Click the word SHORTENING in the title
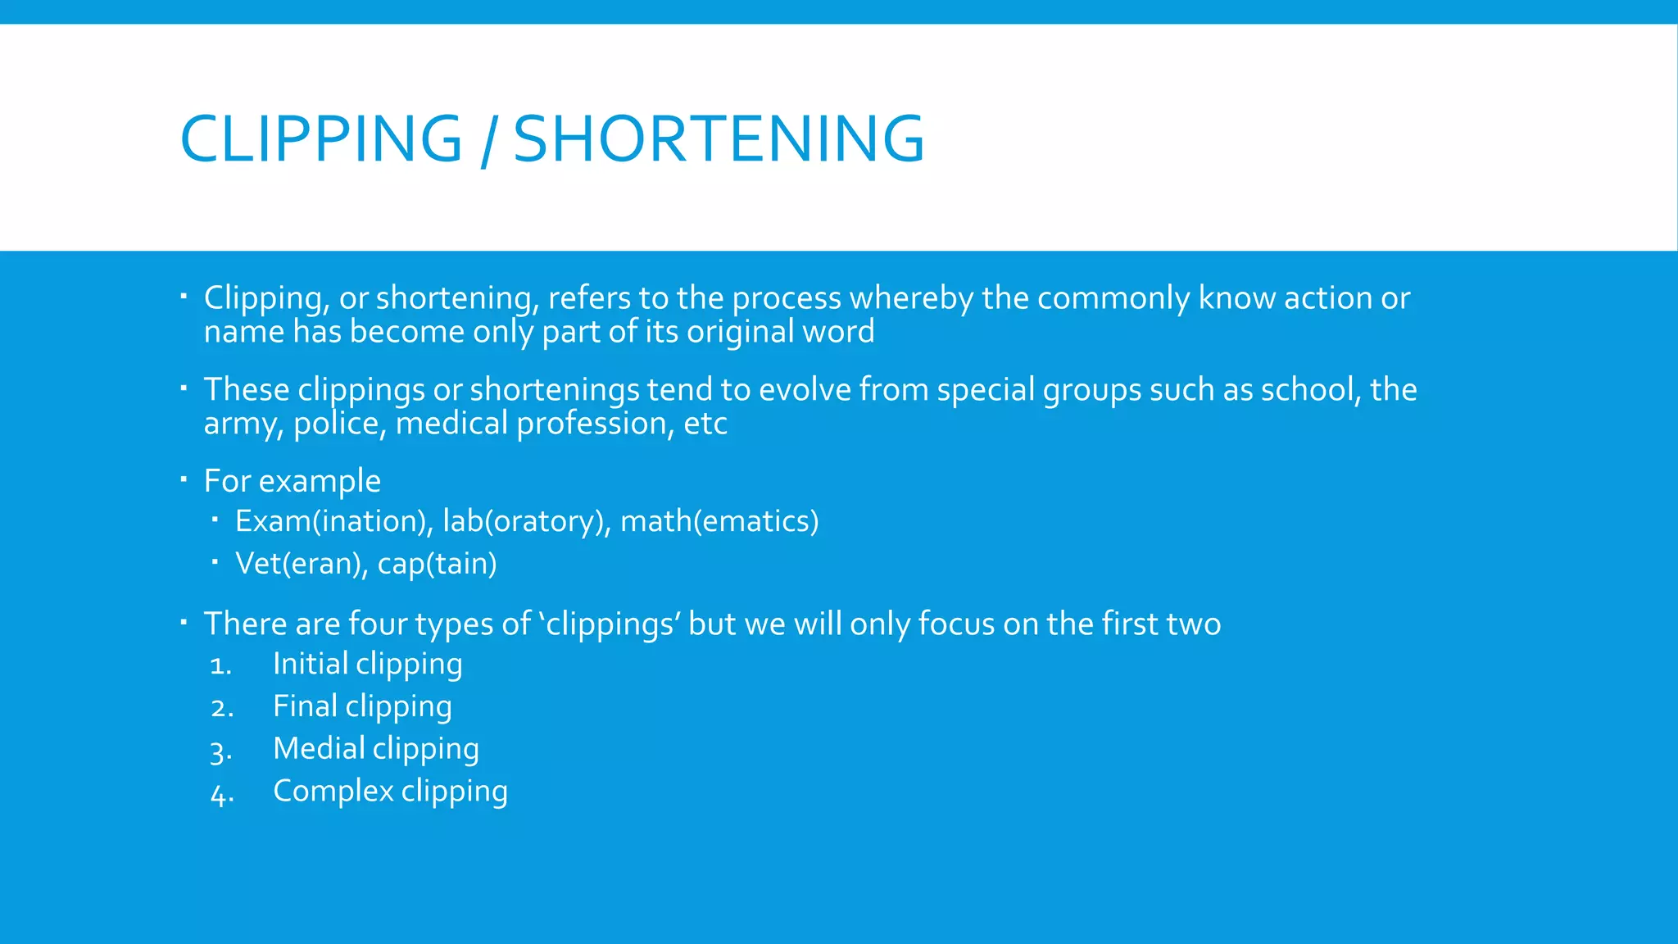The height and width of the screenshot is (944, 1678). pyautogui.click(x=719, y=138)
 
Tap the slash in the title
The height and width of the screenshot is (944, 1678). pyautogui.click(x=488, y=141)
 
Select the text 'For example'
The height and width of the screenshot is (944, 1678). pyautogui.click(x=292, y=481)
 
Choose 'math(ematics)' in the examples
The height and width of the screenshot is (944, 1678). pyautogui.click(x=719, y=521)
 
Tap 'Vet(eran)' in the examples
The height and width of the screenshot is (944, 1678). pyautogui.click(x=301, y=564)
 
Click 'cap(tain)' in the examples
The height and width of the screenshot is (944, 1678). pyautogui.click(x=437, y=564)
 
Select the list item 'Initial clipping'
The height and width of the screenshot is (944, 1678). pyautogui.click(x=367, y=665)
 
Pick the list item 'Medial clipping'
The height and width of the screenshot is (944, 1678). pyautogui.click(x=375, y=749)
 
